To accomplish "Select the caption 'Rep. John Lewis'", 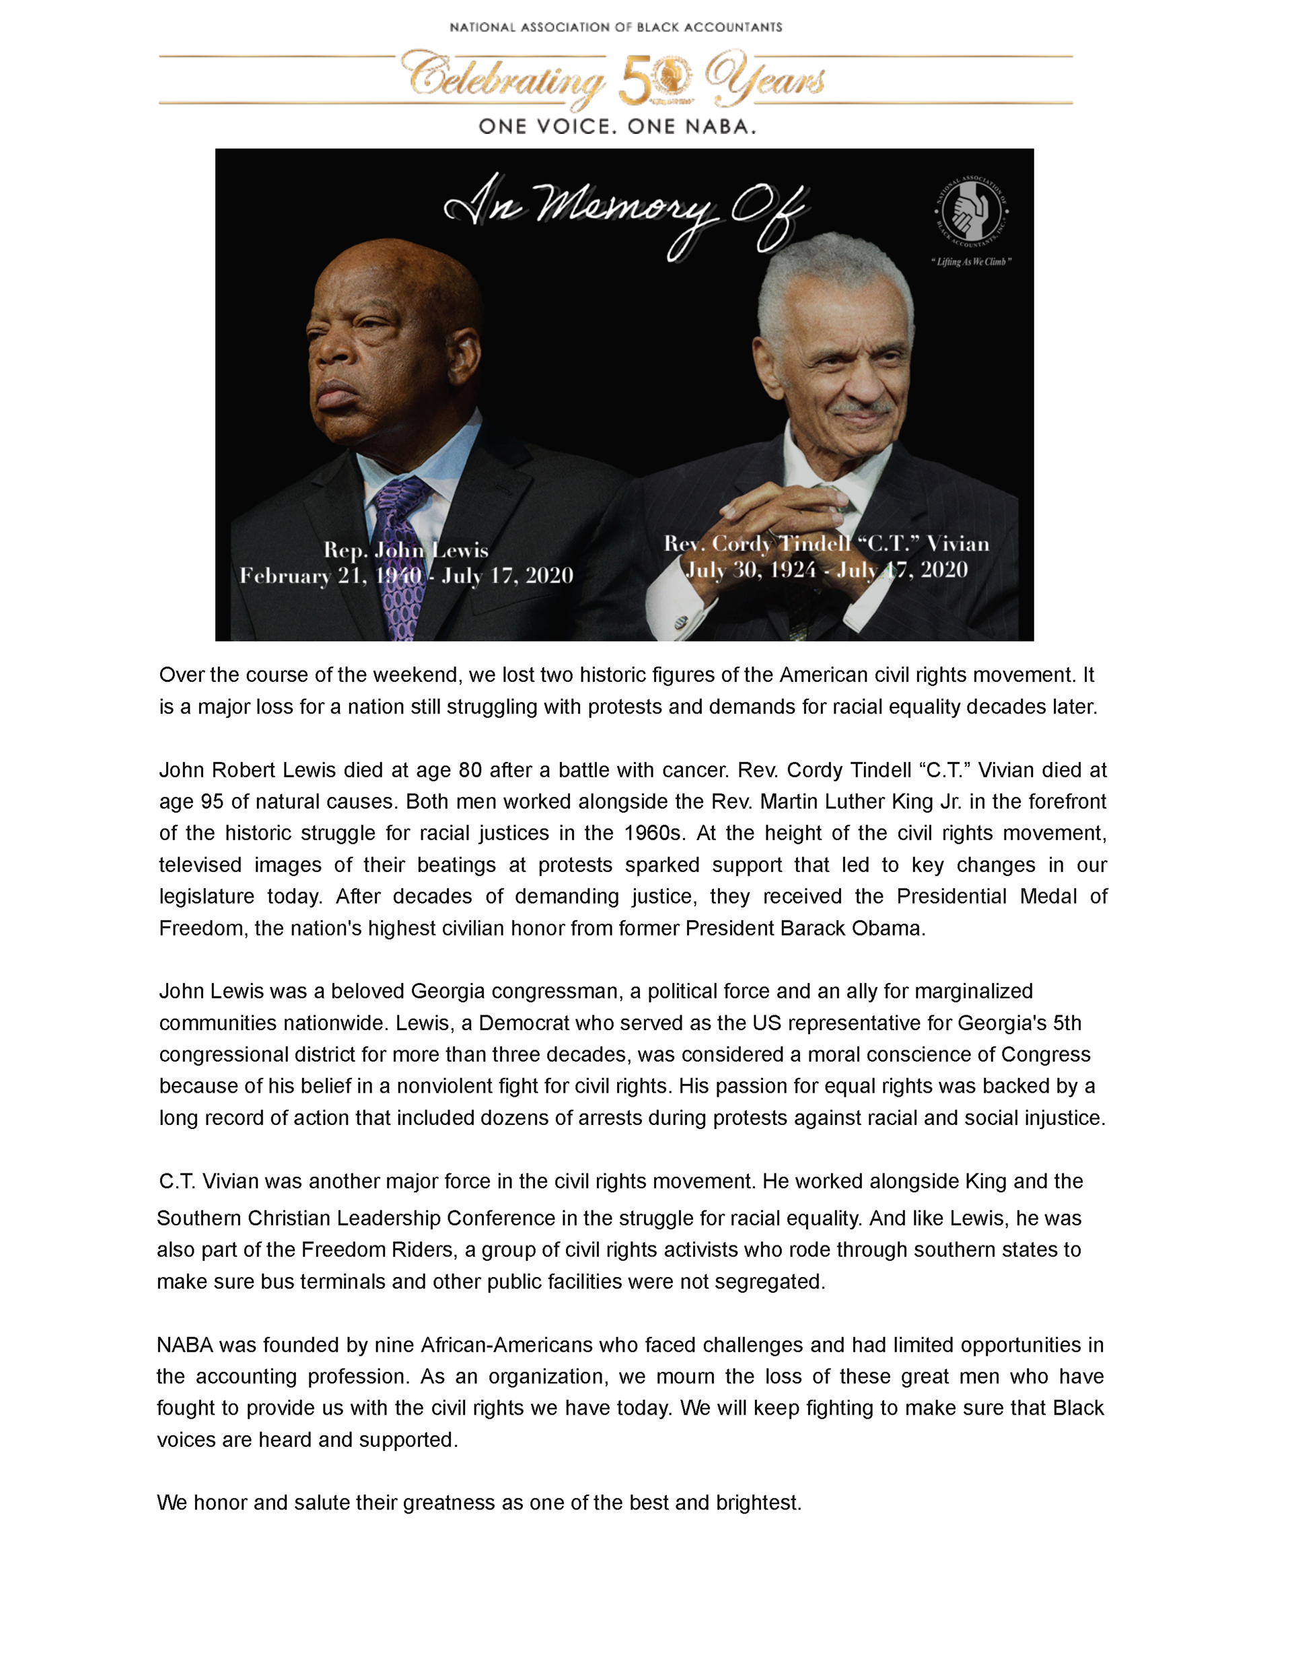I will pos(405,550).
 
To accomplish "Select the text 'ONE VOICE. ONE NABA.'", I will pos(617,127).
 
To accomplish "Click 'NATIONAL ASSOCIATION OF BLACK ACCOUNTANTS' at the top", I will pos(616,28).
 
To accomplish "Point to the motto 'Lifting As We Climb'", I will pos(971,262).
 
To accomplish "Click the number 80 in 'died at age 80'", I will pos(470,770).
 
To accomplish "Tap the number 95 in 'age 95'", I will pos(212,801).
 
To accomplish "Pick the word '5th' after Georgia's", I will pos(1068,1023).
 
